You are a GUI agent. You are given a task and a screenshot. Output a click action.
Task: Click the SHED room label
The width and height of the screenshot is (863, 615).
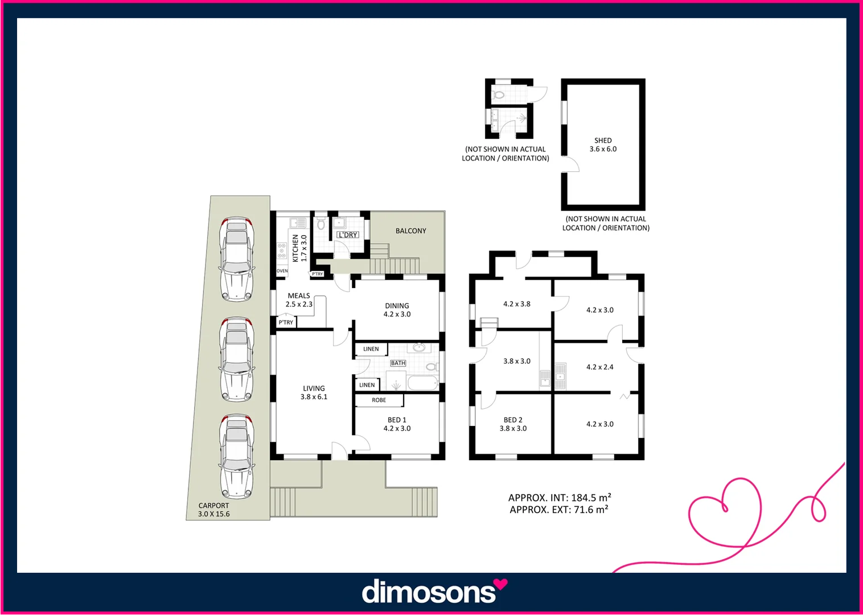(603, 145)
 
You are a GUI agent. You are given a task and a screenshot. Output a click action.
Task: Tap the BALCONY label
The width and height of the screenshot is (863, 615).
(410, 231)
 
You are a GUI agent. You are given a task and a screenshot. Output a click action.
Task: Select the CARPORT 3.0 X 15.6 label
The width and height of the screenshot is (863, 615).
(214, 510)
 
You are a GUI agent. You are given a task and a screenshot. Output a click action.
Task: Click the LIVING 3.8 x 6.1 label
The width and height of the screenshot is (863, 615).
(314, 392)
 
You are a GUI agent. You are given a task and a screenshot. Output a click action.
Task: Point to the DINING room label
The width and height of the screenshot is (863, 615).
(397, 310)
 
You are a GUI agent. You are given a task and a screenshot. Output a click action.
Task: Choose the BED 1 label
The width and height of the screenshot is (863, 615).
(397, 424)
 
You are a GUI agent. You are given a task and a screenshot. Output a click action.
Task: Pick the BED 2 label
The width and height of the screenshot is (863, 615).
(513, 424)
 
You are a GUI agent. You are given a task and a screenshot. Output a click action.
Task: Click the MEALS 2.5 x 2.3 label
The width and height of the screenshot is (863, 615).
(299, 300)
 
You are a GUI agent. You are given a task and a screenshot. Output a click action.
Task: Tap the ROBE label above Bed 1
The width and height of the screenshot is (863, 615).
(379, 400)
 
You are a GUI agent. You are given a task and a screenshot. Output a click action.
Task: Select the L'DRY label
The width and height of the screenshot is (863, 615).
(348, 235)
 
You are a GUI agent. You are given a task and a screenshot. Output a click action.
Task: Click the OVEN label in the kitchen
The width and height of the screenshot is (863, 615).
(282, 271)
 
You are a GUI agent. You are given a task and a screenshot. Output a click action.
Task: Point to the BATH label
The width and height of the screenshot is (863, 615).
(398, 363)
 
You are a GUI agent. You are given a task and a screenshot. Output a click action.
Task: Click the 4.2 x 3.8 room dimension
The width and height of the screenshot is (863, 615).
(516, 304)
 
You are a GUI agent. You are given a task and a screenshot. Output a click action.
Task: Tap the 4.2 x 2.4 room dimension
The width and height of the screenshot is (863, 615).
(600, 367)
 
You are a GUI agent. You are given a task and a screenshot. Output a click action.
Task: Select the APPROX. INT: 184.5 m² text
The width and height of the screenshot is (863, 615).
(560, 498)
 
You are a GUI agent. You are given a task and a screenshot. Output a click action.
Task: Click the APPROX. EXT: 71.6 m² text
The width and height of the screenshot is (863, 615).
(559, 510)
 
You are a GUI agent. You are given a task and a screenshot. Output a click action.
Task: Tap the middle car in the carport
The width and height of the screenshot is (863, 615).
(237, 359)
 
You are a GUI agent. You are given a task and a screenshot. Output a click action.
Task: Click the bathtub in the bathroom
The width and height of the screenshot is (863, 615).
(422, 383)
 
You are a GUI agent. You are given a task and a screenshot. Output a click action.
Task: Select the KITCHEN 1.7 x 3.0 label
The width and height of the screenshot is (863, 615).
(299, 248)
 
